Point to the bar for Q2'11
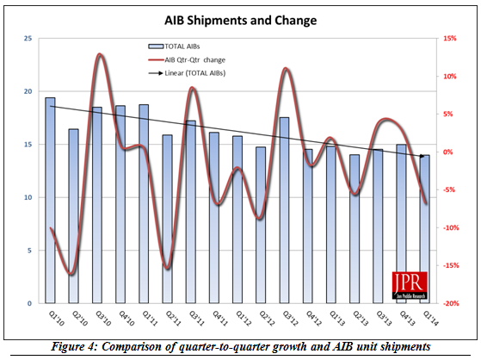pos(167,219)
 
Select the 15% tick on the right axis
pos(449,38)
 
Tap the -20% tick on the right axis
pos(449,304)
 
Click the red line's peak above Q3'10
pos(99,54)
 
